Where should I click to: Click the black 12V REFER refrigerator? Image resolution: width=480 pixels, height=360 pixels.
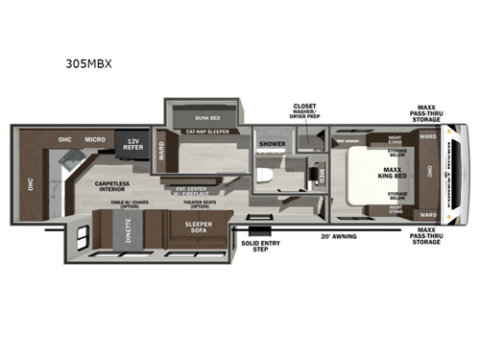tap(132, 144)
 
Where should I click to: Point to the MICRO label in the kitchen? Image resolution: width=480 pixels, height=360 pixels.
tap(94, 139)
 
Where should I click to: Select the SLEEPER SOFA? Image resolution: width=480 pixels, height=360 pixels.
tap(198, 228)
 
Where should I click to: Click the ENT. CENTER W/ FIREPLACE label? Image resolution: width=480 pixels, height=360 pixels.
tap(194, 190)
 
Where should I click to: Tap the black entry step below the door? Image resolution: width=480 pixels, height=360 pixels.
tap(257, 231)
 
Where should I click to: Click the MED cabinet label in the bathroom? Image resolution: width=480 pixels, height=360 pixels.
tap(322, 176)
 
